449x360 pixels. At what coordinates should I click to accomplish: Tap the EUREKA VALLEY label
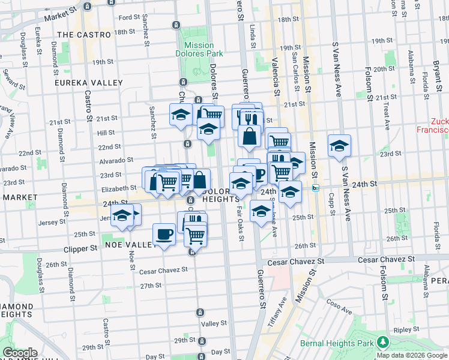point(88,83)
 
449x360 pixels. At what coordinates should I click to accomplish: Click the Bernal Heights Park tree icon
point(382,342)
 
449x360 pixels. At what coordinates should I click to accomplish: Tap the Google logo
point(20,353)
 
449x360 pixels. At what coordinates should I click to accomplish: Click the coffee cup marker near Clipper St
point(164,235)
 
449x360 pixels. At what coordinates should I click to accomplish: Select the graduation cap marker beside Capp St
point(339,146)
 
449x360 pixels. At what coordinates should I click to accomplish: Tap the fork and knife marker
point(252,118)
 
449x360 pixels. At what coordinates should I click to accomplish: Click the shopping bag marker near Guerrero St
point(249,136)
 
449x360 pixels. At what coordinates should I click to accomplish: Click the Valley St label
point(214,323)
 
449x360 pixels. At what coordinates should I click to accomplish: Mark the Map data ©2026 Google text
point(412,355)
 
